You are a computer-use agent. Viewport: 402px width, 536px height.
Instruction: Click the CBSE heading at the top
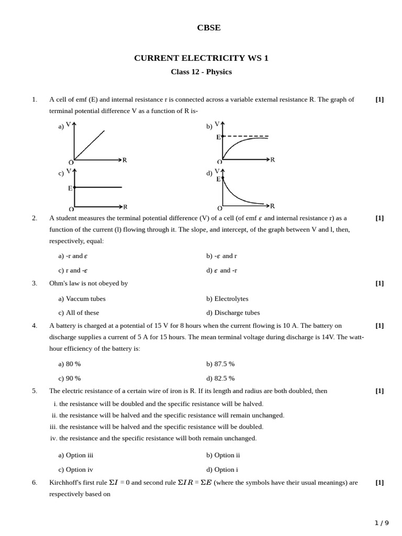208,28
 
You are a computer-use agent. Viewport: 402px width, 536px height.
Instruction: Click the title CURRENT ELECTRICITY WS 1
201,58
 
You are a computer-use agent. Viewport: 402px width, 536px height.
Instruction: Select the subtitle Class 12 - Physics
201,72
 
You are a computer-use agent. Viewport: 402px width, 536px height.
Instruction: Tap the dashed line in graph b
246,136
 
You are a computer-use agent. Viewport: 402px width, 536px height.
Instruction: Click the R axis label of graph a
125,160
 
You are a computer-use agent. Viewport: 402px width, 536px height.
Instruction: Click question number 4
35,326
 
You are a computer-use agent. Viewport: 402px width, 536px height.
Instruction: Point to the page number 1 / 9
382,523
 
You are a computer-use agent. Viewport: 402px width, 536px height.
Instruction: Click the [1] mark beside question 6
379,483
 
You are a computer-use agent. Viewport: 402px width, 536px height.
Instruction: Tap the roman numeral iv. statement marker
53,438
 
